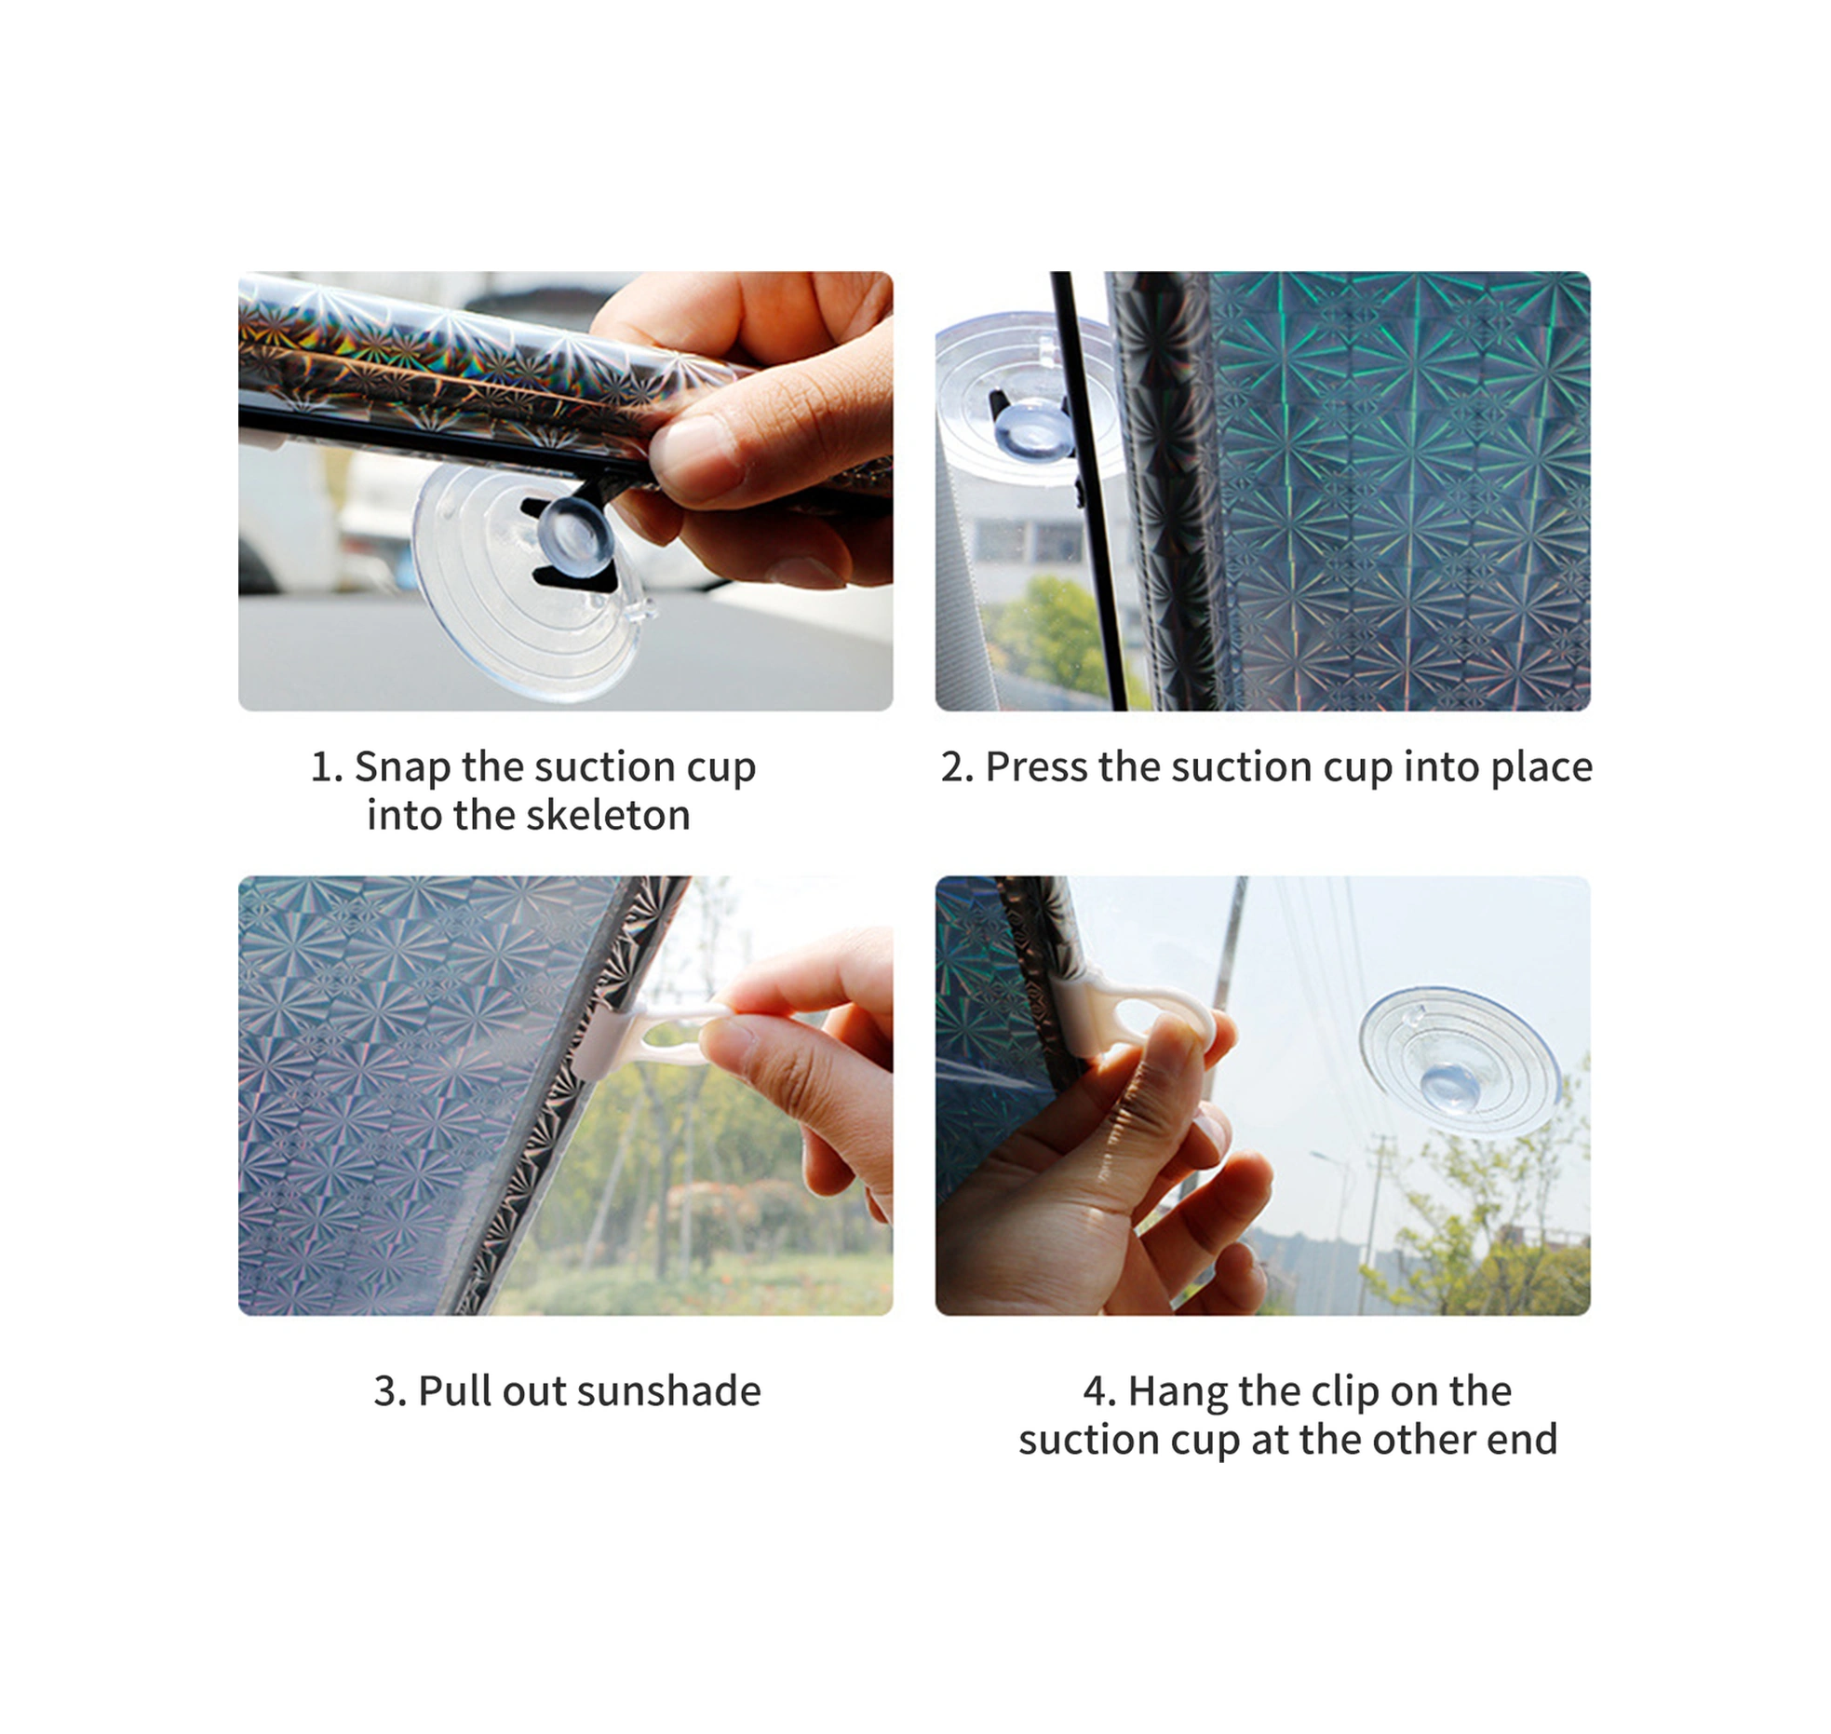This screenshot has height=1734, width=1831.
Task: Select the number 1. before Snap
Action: point(327,766)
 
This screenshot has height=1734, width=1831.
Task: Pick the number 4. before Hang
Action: point(1099,1390)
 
